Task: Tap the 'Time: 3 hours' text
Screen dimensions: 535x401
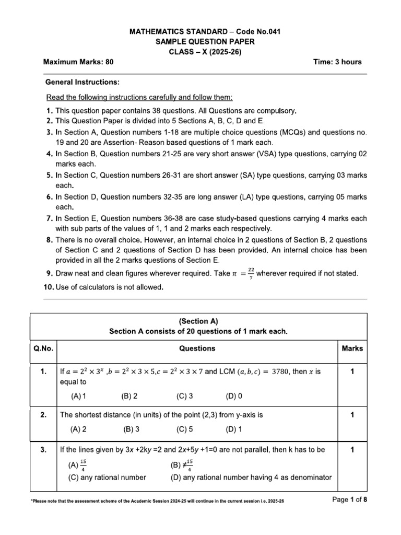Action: coord(337,62)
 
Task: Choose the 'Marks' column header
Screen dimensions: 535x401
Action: coord(352,348)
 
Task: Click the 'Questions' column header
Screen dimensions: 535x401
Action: coord(197,348)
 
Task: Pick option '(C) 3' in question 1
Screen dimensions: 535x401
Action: coord(185,396)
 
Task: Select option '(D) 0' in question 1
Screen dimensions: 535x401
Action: coord(234,396)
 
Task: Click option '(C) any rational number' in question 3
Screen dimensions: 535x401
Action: coord(107,477)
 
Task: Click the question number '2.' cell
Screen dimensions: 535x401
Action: coord(45,415)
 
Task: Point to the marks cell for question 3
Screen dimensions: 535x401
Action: coord(352,449)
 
